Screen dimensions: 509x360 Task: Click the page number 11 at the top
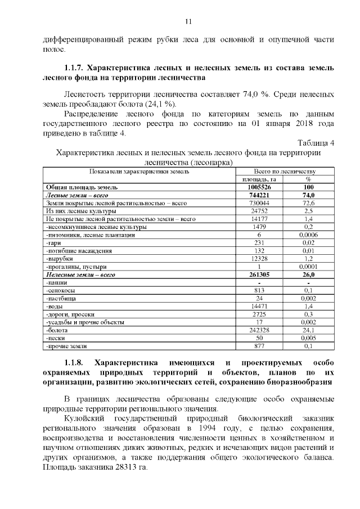pos(188,21)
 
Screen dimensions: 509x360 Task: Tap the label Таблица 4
pos(315,142)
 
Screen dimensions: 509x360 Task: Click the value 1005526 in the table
pos(259,187)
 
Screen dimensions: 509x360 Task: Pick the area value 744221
pos(259,195)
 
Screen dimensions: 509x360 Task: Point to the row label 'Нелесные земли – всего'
pos(80,274)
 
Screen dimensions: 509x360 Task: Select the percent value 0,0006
pos(308,235)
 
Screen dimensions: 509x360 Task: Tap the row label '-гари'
pos(53,242)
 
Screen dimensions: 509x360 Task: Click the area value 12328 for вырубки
pos(259,258)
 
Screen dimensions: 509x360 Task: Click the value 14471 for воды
pos(259,307)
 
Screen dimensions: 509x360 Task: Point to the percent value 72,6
pos(308,202)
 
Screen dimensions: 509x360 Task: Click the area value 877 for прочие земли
pos(259,346)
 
